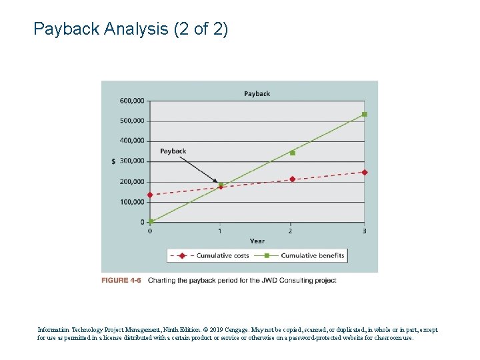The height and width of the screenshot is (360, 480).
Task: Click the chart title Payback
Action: tap(257, 93)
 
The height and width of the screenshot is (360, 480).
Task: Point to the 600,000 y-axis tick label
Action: tap(132, 101)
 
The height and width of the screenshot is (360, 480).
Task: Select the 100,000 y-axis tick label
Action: tap(132, 202)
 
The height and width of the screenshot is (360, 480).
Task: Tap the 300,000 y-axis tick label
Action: tap(132, 161)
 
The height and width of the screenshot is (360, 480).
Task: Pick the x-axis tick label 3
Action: tap(364, 231)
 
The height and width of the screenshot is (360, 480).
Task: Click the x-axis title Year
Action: tap(257, 241)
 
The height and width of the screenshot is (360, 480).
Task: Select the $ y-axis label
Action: tap(113, 161)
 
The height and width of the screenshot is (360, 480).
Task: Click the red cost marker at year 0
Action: tap(150, 195)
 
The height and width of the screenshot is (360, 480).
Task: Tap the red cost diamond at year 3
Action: tap(364, 172)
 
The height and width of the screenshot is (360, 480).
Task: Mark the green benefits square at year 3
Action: tap(364, 114)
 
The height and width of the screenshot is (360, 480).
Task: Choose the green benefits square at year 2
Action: tap(292, 153)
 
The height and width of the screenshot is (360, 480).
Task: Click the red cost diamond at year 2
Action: tap(292, 179)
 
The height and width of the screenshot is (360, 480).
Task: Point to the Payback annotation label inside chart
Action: tap(173, 151)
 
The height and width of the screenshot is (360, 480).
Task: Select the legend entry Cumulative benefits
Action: tap(312, 255)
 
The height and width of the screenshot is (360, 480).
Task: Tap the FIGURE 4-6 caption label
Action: tap(121, 281)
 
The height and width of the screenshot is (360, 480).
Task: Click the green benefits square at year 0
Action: tap(151, 221)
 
